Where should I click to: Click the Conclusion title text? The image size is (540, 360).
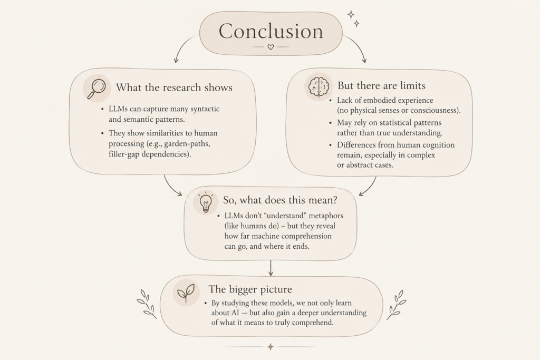(x=271, y=31)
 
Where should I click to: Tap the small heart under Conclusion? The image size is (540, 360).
(x=271, y=47)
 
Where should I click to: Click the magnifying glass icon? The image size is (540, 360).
(x=97, y=89)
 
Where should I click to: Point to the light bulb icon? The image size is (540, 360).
(x=206, y=202)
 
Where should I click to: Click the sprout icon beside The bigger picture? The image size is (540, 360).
(x=186, y=293)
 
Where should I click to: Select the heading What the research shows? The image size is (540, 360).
(x=174, y=87)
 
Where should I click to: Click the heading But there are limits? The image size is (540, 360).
(x=381, y=85)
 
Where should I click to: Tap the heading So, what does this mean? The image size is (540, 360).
(x=280, y=200)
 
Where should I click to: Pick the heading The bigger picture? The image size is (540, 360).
(x=250, y=289)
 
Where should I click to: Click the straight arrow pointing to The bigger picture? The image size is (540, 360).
(x=271, y=268)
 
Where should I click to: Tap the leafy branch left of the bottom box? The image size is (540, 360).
(x=147, y=304)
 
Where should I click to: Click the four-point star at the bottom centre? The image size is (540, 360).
(x=271, y=347)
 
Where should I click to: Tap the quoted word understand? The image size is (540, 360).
(x=285, y=216)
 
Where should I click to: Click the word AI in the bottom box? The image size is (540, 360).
(x=236, y=313)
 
